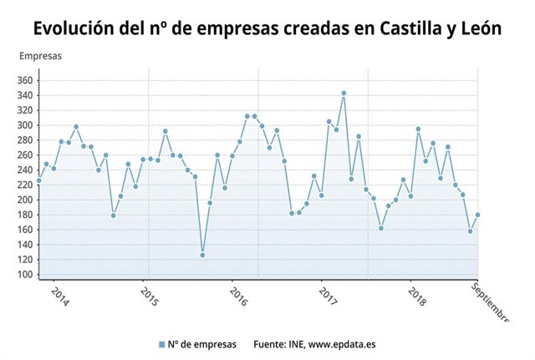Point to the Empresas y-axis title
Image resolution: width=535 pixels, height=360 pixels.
pyautogui.click(x=40, y=57)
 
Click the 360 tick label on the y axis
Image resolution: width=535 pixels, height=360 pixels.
pyautogui.click(x=24, y=81)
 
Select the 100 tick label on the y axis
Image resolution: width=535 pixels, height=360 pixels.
pyautogui.click(x=24, y=275)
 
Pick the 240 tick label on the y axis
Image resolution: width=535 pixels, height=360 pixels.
pyautogui.click(x=24, y=170)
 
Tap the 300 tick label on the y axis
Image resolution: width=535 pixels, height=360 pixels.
pyautogui.click(x=24, y=125)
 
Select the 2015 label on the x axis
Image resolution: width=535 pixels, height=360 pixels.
pyautogui.click(x=149, y=297)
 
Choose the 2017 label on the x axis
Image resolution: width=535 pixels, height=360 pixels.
pyautogui.click(x=328, y=297)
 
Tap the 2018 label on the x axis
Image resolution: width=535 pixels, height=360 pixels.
pyautogui.click(x=416, y=297)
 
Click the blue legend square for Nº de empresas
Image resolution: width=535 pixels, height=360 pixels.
pyautogui.click(x=161, y=343)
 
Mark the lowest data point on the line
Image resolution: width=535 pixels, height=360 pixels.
pyautogui.click(x=202, y=255)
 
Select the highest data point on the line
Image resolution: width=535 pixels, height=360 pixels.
pyautogui.click(x=344, y=94)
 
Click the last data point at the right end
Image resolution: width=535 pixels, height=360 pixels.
pyautogui.click(x=477, y=215)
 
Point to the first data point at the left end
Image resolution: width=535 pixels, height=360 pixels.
pyautogui.click(x=38, y=180)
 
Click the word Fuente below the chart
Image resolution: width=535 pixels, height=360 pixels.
pyautogui.click(x=268, y=343)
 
